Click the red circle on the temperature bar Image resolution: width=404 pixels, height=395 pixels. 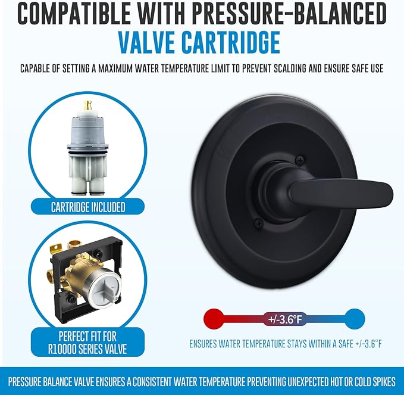(x=214, y=319)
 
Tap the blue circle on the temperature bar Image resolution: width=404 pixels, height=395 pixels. (x=355, y=319)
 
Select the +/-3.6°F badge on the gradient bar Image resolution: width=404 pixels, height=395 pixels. (x=285, y=319)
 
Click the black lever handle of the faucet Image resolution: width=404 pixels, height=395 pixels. (x=340, y=192)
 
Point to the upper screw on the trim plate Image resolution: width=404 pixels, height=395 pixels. (x=300, y=160)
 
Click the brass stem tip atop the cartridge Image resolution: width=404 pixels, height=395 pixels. (x=87, y=105)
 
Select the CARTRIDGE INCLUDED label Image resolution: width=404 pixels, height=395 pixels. (x=88, y=207)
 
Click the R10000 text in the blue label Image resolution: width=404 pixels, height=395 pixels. (x=65, y=349)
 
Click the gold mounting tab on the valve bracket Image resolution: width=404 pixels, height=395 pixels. (x=56, y=248)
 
